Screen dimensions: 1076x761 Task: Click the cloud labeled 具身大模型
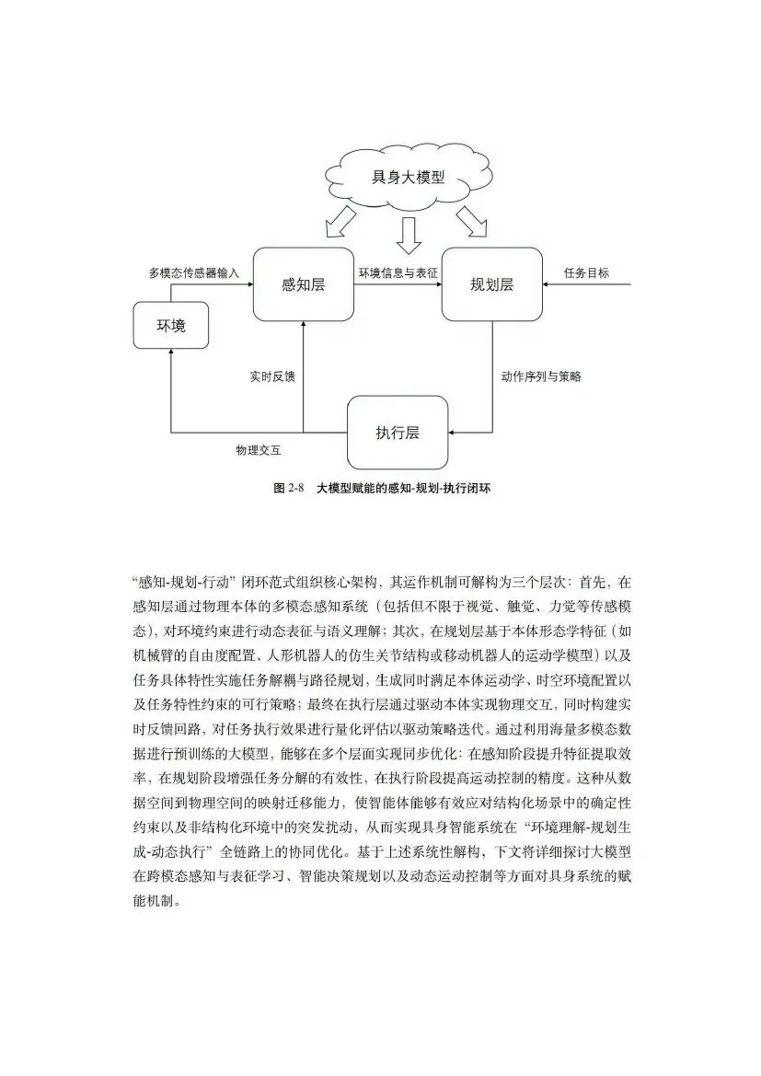pyautogui.click(x=408, y=177)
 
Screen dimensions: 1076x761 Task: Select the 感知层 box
pyautogui.click(x=303, y=284)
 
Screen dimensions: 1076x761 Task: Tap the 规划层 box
pyautogui.click(x=491, y=284)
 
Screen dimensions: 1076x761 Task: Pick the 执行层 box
pyautogui.click(x=398, y=432)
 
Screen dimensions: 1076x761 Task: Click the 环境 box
pyautogui.click(x=170, y=325)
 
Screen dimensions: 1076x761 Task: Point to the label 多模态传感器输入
pyautogui.click(x=193, y=273)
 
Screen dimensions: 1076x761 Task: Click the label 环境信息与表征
pyautogui.click(x=398, y=273)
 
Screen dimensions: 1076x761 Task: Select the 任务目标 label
pyautogui.click(x=586, y=273)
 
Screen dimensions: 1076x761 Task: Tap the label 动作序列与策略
pyautogui.click(x=541, y=376)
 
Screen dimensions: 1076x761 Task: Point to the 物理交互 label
pyautogui.click(x=258, y=450)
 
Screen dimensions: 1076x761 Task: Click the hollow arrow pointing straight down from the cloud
pyautogui.click(x=408, y=236)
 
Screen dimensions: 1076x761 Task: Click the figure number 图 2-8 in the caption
pyautogui.click(x=288, y=488)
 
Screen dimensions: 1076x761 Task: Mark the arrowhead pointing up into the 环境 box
pyautogui.click(x=170, y=354)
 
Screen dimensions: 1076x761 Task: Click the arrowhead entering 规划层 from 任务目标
pyautogui.click(x=547, y=284)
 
